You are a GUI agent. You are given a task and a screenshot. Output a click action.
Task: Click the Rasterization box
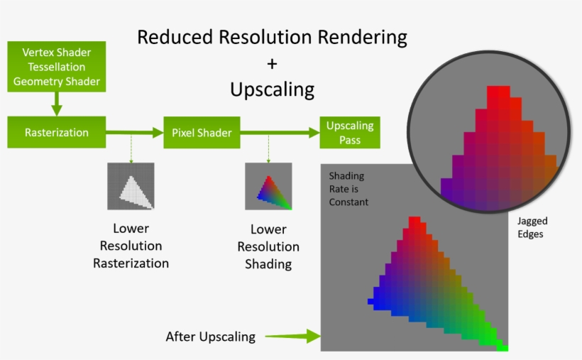pos(56,133)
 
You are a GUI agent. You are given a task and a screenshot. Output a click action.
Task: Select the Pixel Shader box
pos(202,133)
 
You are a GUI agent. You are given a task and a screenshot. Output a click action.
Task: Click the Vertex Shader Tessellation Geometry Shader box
pos(56,67)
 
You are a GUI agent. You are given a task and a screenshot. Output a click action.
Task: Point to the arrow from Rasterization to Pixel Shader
pos(134,132)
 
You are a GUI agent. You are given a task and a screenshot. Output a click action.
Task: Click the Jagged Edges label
pos(532,227)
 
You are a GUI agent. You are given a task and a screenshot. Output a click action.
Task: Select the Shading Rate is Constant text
pos(348,188)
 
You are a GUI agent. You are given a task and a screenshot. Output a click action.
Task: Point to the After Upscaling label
pos(210,337)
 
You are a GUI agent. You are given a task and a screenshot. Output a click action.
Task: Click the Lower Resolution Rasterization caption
pos(131,246)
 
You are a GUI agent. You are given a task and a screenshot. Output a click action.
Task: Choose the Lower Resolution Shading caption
pos(268,246)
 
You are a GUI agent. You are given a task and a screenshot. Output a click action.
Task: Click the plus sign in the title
pos(272,63)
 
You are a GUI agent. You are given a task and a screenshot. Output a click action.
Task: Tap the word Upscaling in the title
pos(272,89)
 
